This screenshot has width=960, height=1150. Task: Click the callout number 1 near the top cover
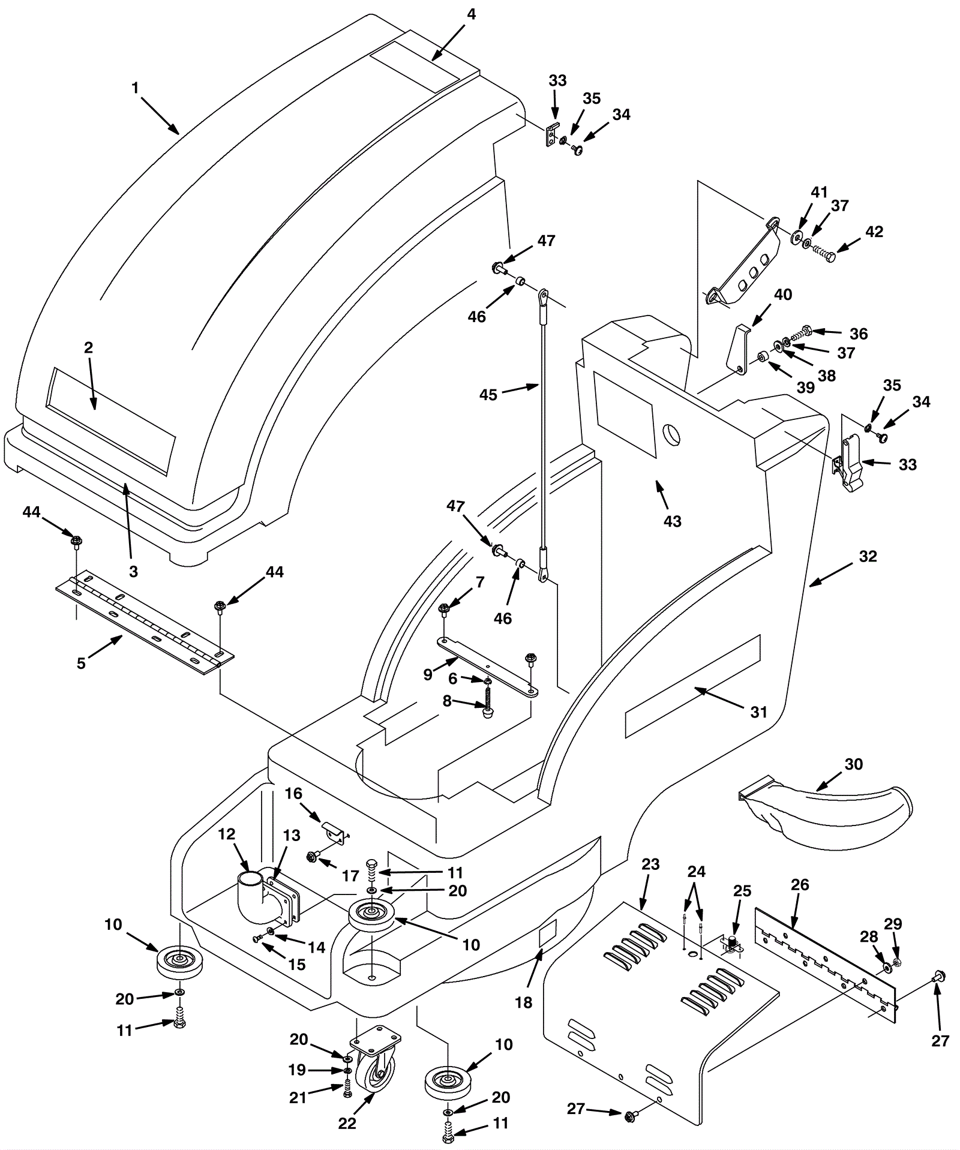pyautogui.click(x=136, y=88)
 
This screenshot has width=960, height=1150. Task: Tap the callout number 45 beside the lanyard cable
pyautogui.click(x=488, y=395)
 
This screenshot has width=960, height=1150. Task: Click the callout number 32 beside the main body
pyautogui.click(x=868, y=556)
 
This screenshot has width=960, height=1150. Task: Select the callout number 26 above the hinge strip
pyautogui.click(x=800, y=885)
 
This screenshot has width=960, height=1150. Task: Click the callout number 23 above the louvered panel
pyautogui.click(x=650, y=864)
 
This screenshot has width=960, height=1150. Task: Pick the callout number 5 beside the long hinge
pyautogui.click(x=81, y=663)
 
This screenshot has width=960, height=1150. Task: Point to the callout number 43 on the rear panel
pyautogui.click(x=673, y=521)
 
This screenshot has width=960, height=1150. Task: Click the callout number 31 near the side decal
pyautogui.click(x=759, y=711)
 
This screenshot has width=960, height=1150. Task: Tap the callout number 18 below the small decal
pyautogui.click(x=524, y=1002)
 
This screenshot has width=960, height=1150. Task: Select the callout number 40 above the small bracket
pyautogui.click(x=782, y=295)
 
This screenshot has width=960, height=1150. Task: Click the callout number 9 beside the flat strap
pyautogui.click(x=428, y=675)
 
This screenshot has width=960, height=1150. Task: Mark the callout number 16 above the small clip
pyautogui.click(x=293, y=794)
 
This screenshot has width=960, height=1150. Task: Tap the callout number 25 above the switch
pyautogui.click(x=742, y=891)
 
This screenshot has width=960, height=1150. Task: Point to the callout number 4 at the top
pyautogui.click(x=472, y=14)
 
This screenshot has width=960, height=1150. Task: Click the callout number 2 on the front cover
pyautogui.click(x=88, y=347)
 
